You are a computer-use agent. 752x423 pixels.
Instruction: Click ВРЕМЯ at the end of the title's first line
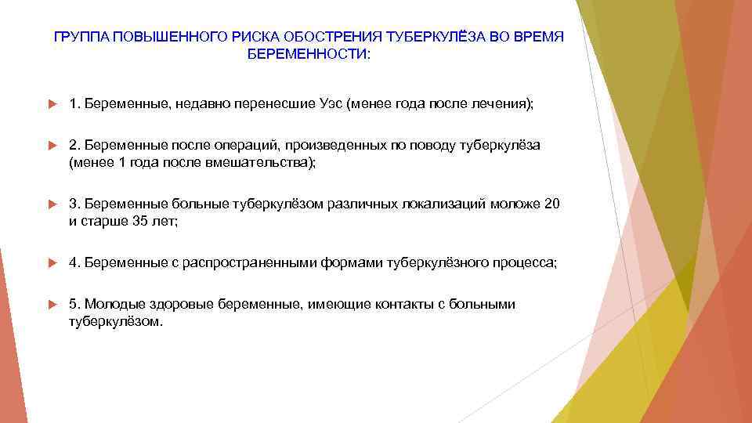click(539, 38)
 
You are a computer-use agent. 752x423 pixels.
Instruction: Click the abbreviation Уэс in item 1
click(331, 104)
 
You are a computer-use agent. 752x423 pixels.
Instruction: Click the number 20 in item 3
click(552, 204)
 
